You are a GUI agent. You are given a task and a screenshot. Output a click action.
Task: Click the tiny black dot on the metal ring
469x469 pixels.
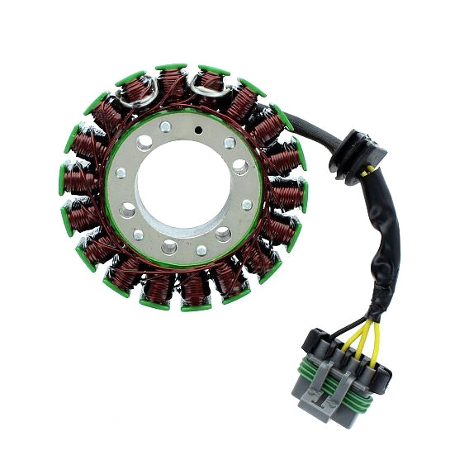198,130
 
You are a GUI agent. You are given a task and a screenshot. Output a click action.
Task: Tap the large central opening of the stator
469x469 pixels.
184,187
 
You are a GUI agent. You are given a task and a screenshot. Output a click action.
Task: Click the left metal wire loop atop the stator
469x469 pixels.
139,92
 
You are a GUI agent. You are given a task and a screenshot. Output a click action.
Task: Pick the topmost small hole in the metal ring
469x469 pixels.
165,126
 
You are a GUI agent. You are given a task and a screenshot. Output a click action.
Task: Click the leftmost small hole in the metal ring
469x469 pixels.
121,173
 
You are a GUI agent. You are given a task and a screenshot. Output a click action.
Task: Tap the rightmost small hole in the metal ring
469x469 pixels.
247,204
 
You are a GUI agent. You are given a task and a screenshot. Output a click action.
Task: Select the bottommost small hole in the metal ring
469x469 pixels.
201,249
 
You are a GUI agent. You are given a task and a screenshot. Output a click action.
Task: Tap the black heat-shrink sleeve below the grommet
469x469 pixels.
382,248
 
